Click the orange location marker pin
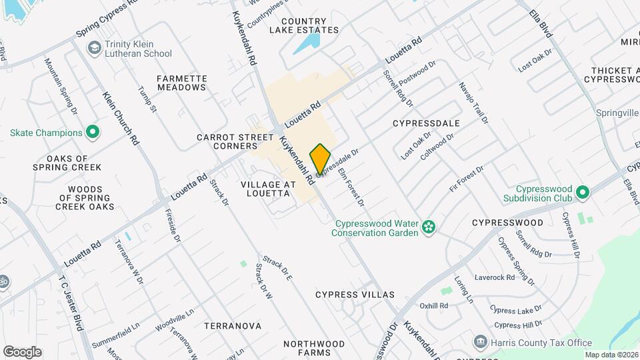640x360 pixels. tap(321, 158)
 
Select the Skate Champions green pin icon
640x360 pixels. tap(93, 132)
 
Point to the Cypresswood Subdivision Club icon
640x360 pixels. tap(583, 193)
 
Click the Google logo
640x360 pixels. tap(22, 352)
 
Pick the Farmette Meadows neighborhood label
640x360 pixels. tap(181, 83)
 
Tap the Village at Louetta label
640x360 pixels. tap(265, 188)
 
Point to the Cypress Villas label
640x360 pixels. tap(355, 294)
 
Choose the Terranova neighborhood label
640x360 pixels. tap(232, 326)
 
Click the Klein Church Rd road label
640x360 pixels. tap(121, 118)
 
